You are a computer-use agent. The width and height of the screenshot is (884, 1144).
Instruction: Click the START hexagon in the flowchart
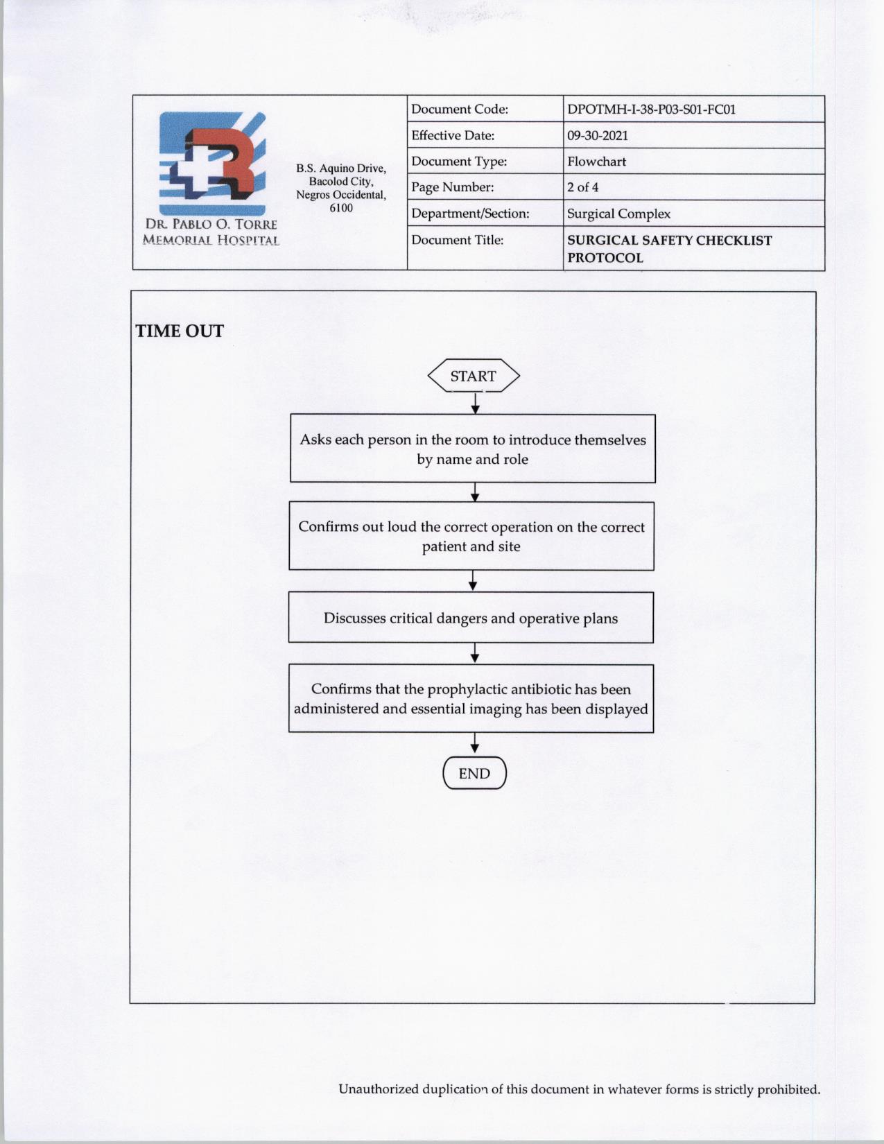coord(474,376)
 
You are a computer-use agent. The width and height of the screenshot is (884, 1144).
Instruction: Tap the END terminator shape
coord(474,774)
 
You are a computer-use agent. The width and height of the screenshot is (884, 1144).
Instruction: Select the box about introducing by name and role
coord(472,449)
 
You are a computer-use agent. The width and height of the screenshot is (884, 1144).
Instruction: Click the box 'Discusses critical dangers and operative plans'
coord(471,618)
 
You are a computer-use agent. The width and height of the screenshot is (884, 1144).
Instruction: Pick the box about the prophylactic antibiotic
coord(471,699)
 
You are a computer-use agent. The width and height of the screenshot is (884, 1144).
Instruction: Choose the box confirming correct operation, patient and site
coord(471,536)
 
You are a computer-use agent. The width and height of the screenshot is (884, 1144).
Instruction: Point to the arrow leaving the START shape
coord(475,403)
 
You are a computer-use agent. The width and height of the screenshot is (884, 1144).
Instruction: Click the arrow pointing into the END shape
coord(475,745)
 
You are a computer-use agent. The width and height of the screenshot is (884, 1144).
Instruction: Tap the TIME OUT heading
coord(180,331)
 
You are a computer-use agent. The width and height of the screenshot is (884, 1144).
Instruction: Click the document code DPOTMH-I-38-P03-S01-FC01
coord(651,110)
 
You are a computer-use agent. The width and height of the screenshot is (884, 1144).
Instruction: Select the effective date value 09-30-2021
coord(597,135)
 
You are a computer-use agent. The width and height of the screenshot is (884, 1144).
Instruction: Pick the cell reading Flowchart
coord(596,162)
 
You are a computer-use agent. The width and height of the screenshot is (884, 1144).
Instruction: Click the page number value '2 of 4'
coord(582,187)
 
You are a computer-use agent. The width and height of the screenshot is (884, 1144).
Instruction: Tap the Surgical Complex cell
coord(618,214)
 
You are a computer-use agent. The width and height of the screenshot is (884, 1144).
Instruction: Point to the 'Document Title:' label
coord(457,240)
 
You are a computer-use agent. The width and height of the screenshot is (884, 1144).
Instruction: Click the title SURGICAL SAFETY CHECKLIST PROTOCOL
coord(669,248)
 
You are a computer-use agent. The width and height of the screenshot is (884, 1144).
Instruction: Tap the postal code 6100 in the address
coord(341,208)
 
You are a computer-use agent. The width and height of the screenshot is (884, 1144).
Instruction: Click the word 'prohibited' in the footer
coord(788,1089)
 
